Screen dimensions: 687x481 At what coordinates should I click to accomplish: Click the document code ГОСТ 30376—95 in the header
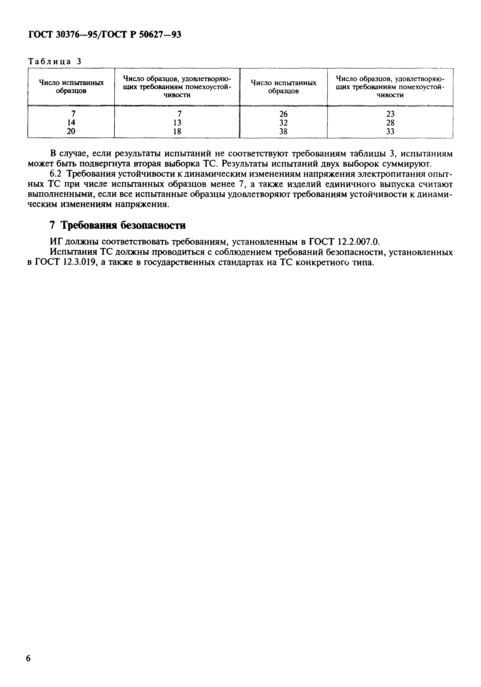click(63, 35)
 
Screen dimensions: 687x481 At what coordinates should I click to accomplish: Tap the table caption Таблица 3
click(55, 62)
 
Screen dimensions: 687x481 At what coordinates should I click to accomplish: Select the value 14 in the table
click(71, 122)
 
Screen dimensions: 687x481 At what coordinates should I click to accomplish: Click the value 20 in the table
click(71, 131)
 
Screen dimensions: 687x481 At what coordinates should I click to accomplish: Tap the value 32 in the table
click(283, 123)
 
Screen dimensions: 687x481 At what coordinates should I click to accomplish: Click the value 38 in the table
click(283, 131)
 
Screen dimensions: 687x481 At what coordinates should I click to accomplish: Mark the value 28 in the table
click(390, 123)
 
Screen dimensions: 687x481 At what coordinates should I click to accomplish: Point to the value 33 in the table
click(390, 131)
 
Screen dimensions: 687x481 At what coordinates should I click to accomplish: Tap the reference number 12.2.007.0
click(358, 242)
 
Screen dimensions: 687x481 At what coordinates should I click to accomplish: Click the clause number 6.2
click(56, 174)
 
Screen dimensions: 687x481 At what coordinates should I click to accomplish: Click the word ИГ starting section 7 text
click(56, 242)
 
